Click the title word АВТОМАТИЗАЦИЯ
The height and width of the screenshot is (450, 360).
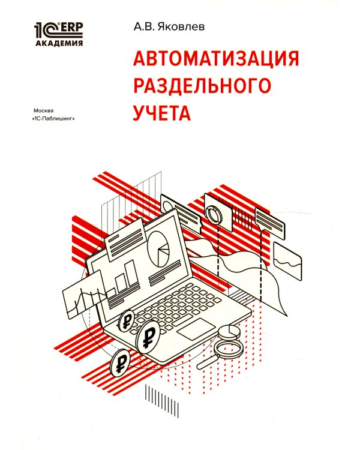pyautogui.click(x=214, y=60)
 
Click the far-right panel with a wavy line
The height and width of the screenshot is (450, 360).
pyautogui.click(x=287, y=259)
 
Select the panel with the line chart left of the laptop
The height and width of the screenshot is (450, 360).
pyautogui.click(x=83, y=292)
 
